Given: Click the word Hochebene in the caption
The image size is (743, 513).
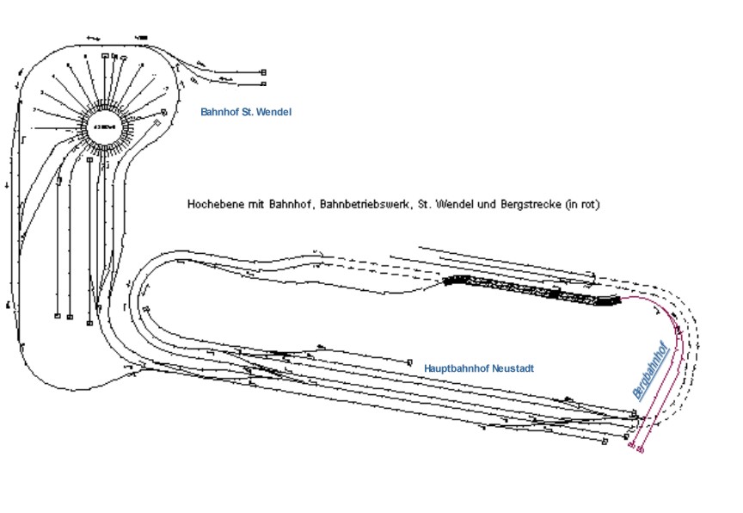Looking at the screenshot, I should click(x=209, y=205).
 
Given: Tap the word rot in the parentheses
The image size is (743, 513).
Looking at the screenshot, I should click(x=587, y=205).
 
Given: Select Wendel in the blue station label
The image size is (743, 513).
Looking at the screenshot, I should click(x=273, y=112).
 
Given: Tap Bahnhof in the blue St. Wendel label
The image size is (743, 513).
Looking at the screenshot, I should click(x=219, y=112).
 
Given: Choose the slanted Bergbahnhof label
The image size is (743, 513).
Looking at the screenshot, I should click(x=651, y=369).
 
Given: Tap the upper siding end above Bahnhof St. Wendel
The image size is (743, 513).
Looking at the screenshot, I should click(x=264, y=72).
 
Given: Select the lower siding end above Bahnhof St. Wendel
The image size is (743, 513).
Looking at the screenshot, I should click(x=264, y=84).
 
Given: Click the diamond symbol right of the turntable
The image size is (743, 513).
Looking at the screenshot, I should click(x=157, y=124).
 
